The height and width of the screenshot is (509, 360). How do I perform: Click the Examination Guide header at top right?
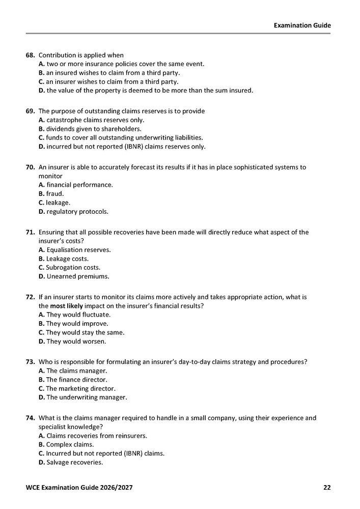302,25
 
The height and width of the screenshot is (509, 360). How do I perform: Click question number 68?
30,55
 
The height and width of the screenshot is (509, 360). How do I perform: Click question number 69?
30,111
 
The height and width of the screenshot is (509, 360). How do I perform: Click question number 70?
30,167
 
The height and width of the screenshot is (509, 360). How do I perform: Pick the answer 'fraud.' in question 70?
51,194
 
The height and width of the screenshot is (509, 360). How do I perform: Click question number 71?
30,232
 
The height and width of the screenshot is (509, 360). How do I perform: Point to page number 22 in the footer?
327,488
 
